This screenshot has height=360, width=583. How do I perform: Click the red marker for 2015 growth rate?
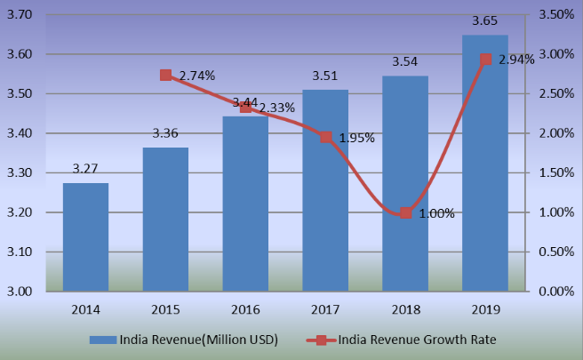pyautogui.click(x=166, y=76)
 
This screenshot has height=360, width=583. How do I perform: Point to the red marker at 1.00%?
pyautogui.click(x=405, y=212)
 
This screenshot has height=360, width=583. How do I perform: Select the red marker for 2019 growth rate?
pyautogui.click(x=485, y=60)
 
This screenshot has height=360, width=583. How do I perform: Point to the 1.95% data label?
pyautogui.click(x=355, y=139)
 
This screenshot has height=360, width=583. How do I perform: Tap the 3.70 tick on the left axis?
pyautogui.click(x=20, y=15)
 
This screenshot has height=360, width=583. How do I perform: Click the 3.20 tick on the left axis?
pyautogui.click(x=20, y=213)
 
